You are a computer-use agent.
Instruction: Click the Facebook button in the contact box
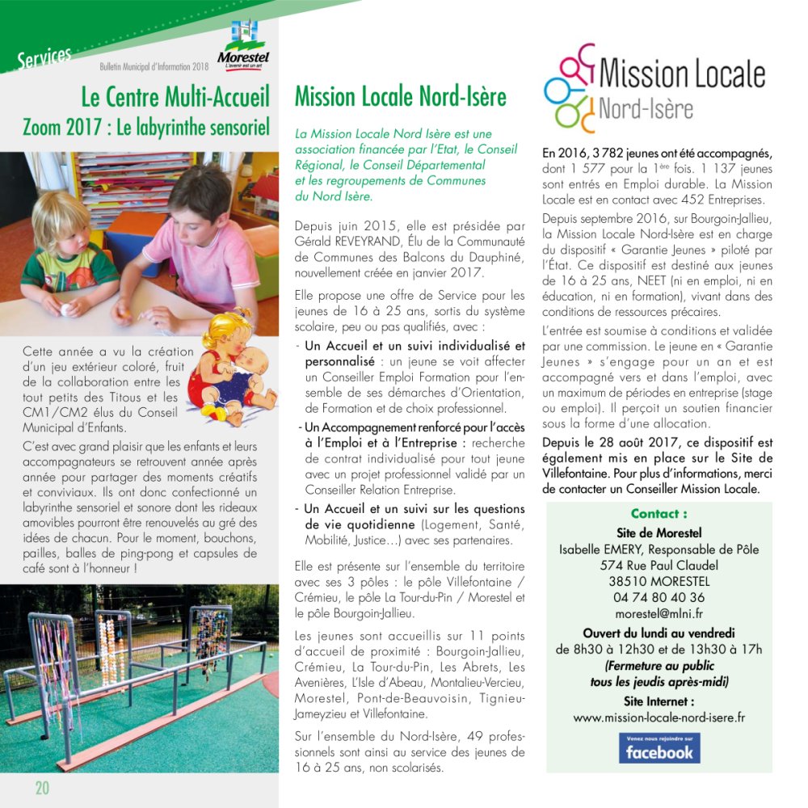click(659, 748)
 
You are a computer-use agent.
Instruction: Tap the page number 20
click(42, 788)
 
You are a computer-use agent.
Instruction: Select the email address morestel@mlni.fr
click(659, 614)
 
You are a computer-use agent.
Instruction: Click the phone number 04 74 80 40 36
click(659, 598)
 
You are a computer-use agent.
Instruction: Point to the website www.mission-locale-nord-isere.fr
click(659, 717)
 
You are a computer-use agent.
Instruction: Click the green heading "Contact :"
click(659, 514)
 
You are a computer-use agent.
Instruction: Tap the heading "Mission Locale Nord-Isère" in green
click(400, 98)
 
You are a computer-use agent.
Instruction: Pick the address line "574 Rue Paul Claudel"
click(659, 566)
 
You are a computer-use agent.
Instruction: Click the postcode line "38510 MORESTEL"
click(659, 582)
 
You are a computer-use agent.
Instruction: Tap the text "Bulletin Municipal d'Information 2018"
click(154, 66)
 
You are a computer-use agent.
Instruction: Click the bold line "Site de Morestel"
click(659, 532)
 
